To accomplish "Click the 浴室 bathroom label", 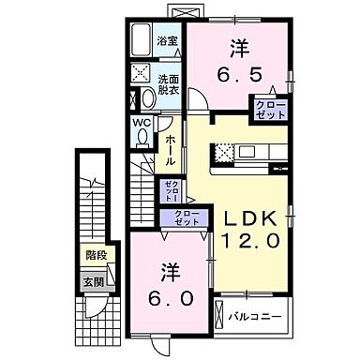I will (x=167, y=41).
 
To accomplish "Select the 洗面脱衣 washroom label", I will (x=168, y=85).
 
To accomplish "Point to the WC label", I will (x=140, y=122).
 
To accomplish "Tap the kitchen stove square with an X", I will (x=225, y=149).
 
